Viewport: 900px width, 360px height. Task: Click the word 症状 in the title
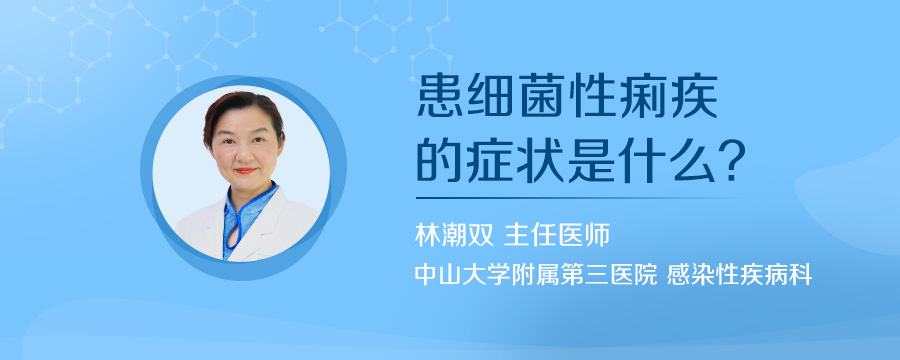[x=521, y=160]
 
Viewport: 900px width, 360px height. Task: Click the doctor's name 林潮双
[x=447, y=237]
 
